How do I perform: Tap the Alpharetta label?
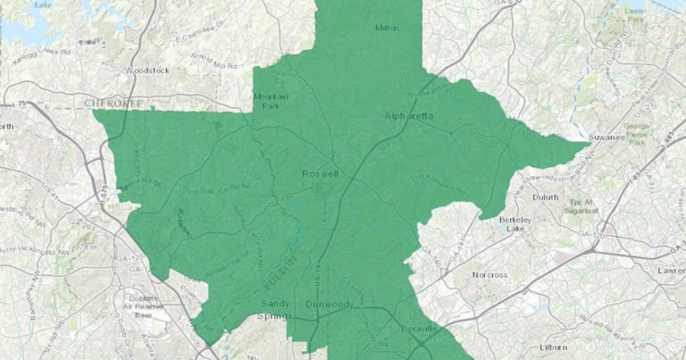pyautogui.click(x=408, y=116)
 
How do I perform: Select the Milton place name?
pyautogui.click(x=387, y=28)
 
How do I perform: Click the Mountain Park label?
pyautogui.click(x=270, y=101)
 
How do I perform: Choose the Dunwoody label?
pyautogui.click(x=330, y=305)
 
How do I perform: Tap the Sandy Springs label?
pyautogui.click(x=267, y=310)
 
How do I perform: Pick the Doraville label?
pyautogui.click(x=415, y=329)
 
